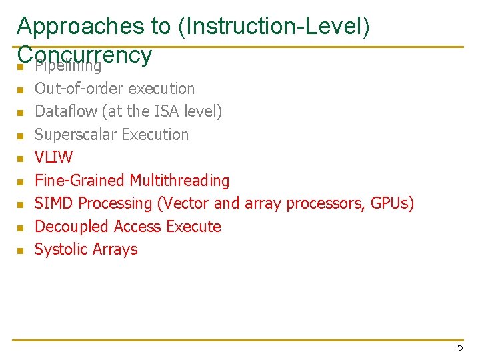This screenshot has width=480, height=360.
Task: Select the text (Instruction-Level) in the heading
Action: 273,26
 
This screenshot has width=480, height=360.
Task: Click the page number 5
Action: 460,347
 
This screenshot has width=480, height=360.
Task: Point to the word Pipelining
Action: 68,66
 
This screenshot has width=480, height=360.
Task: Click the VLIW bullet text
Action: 53,157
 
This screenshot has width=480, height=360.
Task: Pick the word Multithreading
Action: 179,181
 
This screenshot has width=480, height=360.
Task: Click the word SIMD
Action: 54,203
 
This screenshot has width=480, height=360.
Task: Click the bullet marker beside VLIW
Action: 20,159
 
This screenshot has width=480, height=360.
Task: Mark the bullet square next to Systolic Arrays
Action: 20,251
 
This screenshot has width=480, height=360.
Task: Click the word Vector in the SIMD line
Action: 183,203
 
